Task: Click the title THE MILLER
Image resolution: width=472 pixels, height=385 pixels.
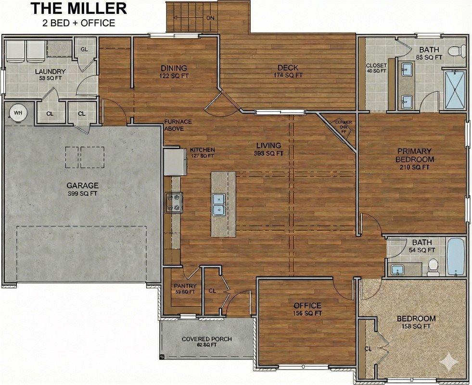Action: (79, 8)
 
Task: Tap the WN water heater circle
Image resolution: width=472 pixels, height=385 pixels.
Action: (18, 113)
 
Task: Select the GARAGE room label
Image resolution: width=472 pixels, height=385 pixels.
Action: (82, 185)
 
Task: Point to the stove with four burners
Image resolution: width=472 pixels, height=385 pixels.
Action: (173, 202)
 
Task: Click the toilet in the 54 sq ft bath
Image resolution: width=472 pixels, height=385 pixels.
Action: (433, 266)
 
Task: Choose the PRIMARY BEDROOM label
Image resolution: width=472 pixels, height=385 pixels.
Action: (414, 155)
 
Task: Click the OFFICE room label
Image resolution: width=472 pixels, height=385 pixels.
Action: (307, 306)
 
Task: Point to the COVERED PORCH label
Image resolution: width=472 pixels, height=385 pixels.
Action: (206, 339)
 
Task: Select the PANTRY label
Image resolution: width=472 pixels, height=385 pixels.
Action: (185, 286)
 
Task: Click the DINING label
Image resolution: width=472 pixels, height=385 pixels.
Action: (174, 68)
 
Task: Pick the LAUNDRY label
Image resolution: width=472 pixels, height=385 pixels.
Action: (51, 72)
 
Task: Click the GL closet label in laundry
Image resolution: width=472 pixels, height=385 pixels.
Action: (84, 50)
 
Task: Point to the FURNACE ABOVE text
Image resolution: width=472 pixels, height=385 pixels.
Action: (178, 125)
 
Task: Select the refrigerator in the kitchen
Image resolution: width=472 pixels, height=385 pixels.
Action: (174, 162)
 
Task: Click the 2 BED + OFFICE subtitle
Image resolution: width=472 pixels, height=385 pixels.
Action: (79, 23)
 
